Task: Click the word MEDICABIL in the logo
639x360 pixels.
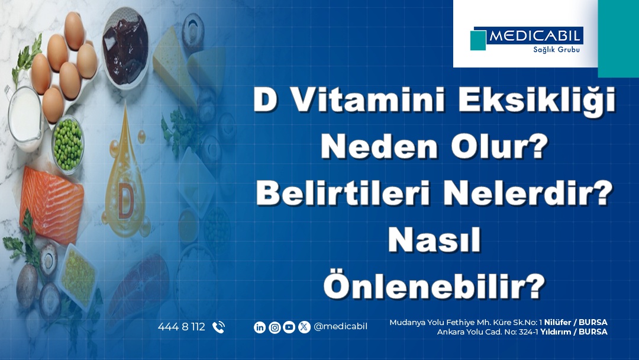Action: (535, 36)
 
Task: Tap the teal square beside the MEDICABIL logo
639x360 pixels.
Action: (478, 40)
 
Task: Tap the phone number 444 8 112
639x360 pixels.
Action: (181, 327)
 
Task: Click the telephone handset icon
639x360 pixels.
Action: (218, 327)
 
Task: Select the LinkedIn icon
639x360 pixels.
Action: (260, 327)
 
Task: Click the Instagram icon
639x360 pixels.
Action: (275, 327)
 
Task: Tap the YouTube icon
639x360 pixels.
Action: (289, 327)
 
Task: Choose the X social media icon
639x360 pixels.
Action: (304, 327)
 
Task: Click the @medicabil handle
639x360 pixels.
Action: (340, 326)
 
